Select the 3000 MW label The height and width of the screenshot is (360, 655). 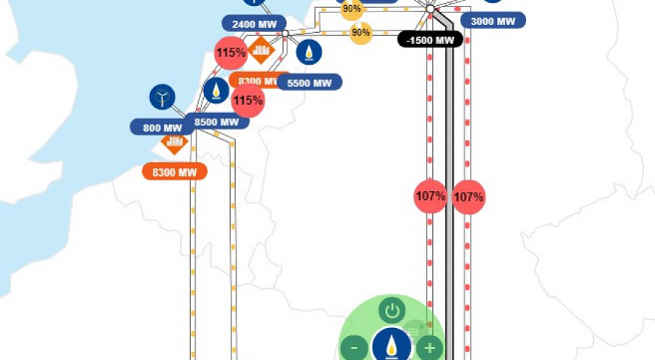tap(493, 21)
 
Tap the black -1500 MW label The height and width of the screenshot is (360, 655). tap(430, 39)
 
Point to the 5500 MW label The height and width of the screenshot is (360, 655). tap(309, 83)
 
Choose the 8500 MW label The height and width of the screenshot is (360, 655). tap(217, 121)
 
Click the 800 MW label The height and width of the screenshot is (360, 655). tap(162, 128)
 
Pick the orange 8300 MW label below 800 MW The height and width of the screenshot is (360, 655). tap(174, 172)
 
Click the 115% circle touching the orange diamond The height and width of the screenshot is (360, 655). tap(231, 52)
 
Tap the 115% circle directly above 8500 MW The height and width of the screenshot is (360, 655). tap(247, 100)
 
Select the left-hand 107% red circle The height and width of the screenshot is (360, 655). tap(430, 196)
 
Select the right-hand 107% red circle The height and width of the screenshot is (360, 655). tap(469, 196)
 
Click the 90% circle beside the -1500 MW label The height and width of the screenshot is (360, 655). tap(360, 32)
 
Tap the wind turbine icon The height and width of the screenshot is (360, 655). tap(162, 97)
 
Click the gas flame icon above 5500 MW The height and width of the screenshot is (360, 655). tap(309, 52)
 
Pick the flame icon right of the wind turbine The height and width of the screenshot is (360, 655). tap(216, 90)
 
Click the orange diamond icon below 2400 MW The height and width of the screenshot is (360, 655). tap(261, 50)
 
